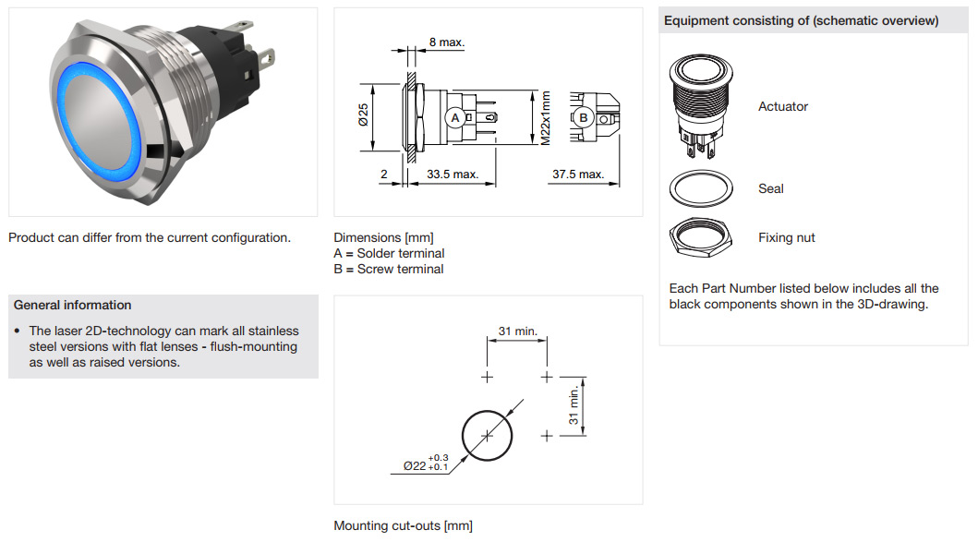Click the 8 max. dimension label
[x=447, y=42]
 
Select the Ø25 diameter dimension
[x=362, y=115]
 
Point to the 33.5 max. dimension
[x=452, y=175]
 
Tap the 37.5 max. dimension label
[x=577, y=175]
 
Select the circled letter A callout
[x=454, y=117]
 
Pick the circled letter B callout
[x=583, y=117]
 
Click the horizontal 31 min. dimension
[x=517, y=331]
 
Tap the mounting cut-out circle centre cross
[x=489, y=435]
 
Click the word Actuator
[x=783, y=106]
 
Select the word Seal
[x=771, y=188]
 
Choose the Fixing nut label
[x=787, y=237]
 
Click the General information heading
[x=73, y=305]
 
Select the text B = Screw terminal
[x=389, y=269]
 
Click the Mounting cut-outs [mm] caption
[x=403, y=525]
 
